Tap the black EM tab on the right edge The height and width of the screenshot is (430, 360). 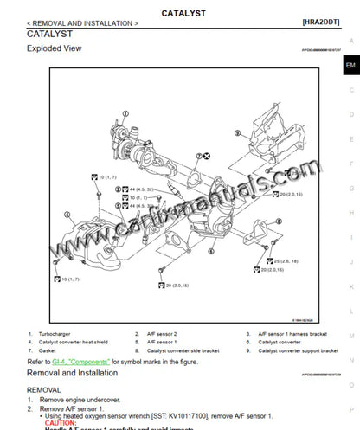350,65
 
